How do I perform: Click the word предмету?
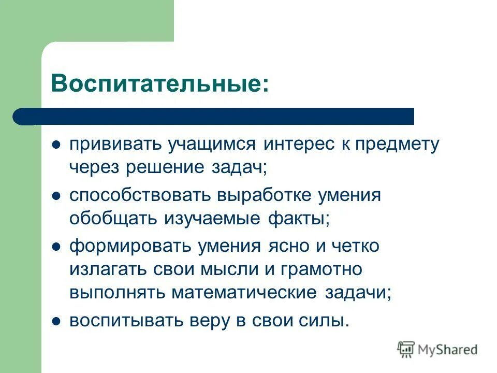397,144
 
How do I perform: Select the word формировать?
130,246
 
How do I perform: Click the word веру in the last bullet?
231,321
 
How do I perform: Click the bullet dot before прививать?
57,144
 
